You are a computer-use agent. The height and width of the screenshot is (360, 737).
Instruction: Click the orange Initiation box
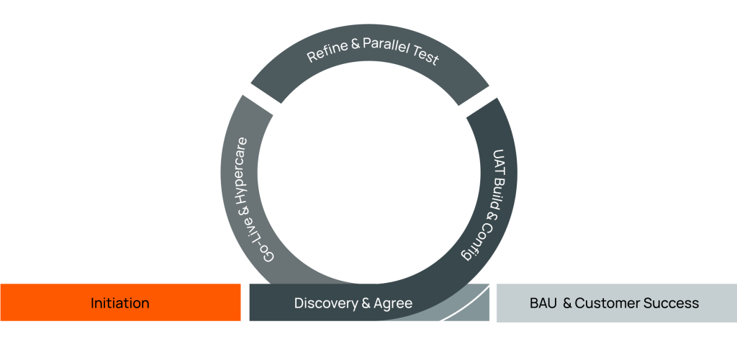point(120,302)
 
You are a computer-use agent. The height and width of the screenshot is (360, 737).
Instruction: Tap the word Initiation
point(120,303)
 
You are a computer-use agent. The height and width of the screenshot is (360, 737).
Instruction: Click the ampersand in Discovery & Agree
point(366,304)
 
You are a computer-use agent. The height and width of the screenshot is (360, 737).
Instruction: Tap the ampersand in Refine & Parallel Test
point(356,45)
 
